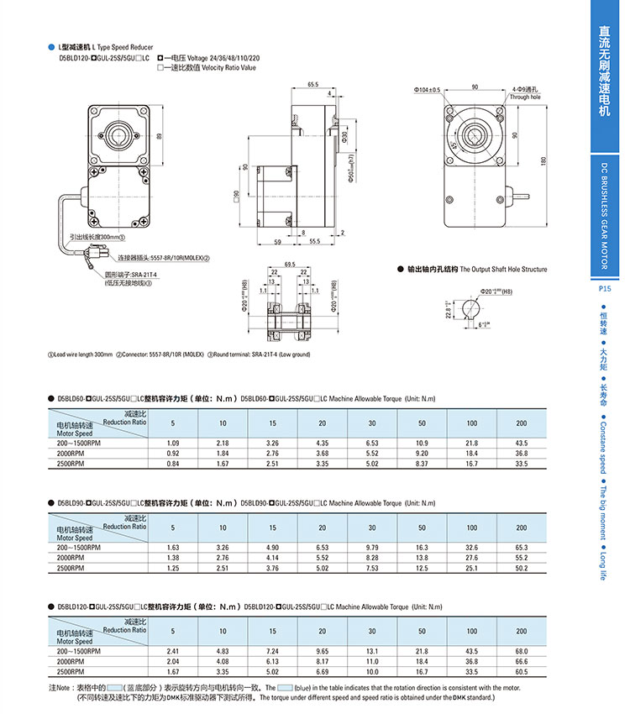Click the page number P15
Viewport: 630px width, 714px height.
point(604,288)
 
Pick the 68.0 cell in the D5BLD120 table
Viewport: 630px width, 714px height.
point(521,651)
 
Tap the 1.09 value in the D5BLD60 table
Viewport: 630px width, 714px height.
point(173,443)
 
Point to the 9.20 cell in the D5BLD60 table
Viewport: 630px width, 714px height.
point(422,453)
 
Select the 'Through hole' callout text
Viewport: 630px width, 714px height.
point(525,97)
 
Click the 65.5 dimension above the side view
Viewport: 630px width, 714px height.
point(313,85)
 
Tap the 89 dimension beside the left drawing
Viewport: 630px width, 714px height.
point(160,137)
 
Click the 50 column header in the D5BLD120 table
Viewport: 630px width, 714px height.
point(422,630)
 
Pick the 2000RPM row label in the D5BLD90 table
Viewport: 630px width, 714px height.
point(71,557)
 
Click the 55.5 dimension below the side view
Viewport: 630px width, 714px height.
point(314,242)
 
